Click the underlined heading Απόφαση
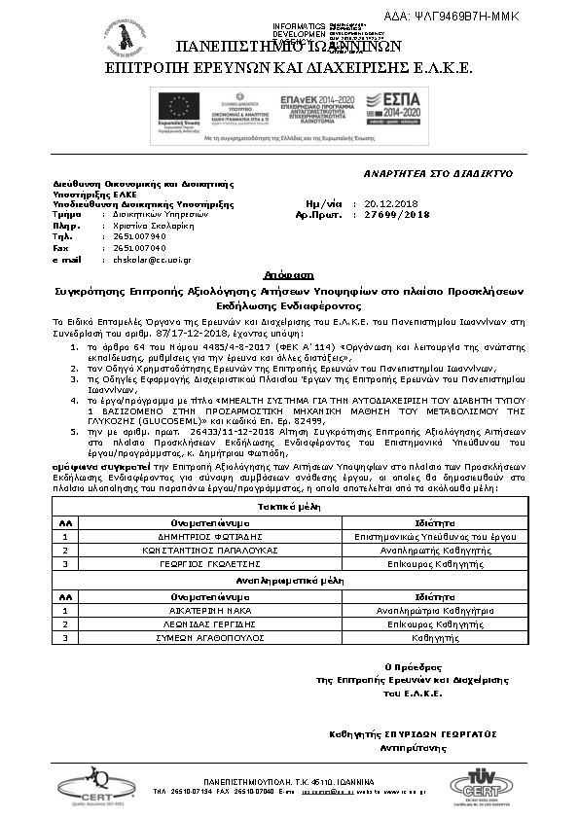point(288,276)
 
